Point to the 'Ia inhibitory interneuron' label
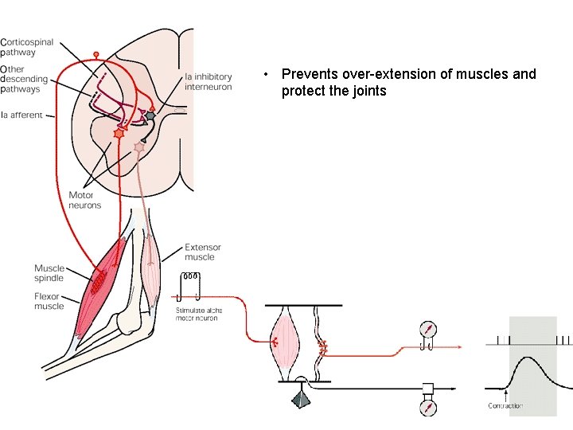pyautogui.click(x=208, y=81)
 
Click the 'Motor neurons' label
pyautogui.click(x=85, y=200)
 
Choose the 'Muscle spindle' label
pyautogui.click(x=49, y=273)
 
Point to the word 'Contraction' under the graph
pyautogui.click(x=505, y=406)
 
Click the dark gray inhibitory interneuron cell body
pyautogui.click(x=150, y=115)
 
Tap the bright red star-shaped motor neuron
pyautogui.click(x=119, y=133)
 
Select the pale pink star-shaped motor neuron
pyautogui.click(x=139, y=147)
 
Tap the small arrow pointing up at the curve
pyautogui.click(x=506, y=393)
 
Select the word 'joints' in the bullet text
pyautogui.click(x=367, y=91)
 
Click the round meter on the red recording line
pyautogui.click(x=428, y=329)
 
